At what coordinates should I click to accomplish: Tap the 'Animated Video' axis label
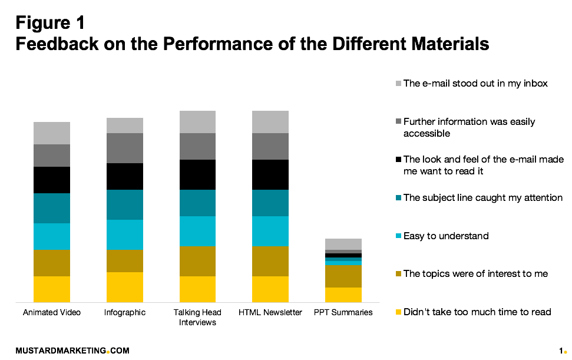[x=52, y=312]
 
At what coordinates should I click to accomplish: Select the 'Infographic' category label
[x=124, y=312]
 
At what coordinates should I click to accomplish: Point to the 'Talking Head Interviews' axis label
[x=197, y=317]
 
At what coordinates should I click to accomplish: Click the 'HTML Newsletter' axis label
[x=270, y=312]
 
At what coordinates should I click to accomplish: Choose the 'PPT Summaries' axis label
[x=343, y=312]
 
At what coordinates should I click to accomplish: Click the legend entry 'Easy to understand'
[x=446, y=236]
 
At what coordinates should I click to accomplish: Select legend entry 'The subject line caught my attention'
[x=482, y=198]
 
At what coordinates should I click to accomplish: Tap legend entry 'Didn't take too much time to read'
[x=477, y=312]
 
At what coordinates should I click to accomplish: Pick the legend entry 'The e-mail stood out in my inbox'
[x=475, y=84]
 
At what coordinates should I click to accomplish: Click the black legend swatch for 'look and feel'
[x=398, y=160]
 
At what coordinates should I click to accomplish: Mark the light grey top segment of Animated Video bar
[x=52, y=133]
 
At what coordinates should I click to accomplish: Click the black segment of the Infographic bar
[x=124, y=176]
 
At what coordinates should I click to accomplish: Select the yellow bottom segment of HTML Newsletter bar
[x=270, y=289]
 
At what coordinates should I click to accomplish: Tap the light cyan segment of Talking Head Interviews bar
[x=197, y=231]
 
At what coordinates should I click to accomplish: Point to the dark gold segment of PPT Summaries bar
[x=343, y=276]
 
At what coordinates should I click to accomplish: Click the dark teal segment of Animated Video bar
[x=52, y=208]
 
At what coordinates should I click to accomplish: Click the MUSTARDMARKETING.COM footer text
[x=72, y=351]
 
